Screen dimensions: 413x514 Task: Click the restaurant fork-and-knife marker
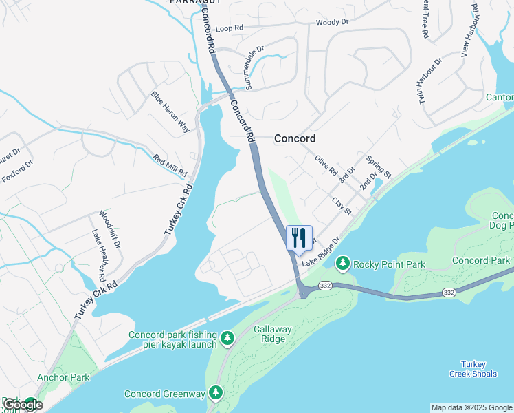[299, 238]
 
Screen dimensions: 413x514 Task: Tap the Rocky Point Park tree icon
[343, 264]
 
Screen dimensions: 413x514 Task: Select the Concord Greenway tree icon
[216, 393]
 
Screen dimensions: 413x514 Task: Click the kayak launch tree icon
[227, 339]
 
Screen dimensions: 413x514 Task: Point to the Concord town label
[295, 138]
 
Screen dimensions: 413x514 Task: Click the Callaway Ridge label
[273, 335]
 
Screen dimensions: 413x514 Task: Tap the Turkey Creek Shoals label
[473, 369]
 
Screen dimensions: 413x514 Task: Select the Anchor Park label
[64, 377]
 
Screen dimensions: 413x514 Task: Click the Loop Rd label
[230, 28]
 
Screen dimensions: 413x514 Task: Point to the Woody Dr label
[333, 23]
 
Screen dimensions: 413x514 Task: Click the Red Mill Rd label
[170, 166]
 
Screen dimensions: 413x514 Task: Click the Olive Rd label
[326, 165]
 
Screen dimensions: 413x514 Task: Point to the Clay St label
[342, 206]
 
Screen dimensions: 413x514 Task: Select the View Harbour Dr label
[471, 30]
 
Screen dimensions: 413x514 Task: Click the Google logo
[23, 405]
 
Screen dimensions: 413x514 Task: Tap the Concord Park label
[481, 260]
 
